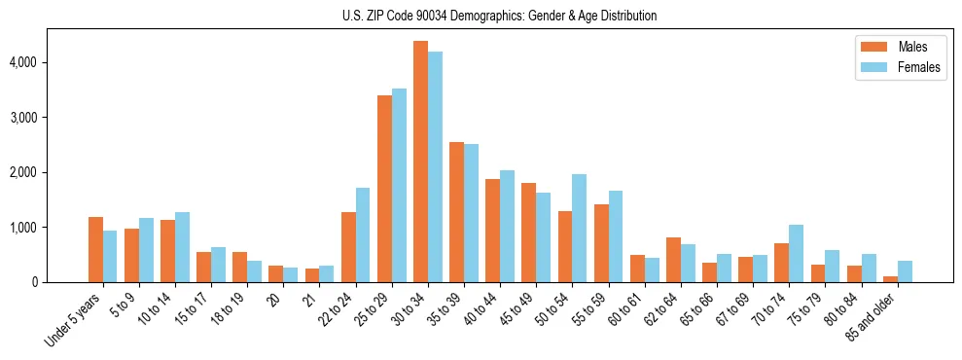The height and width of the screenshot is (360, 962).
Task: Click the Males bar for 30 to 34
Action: click(420, 162)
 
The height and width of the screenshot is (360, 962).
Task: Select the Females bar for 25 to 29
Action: click(399, 186)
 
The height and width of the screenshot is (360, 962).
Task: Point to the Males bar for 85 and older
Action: click(890, 279)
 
